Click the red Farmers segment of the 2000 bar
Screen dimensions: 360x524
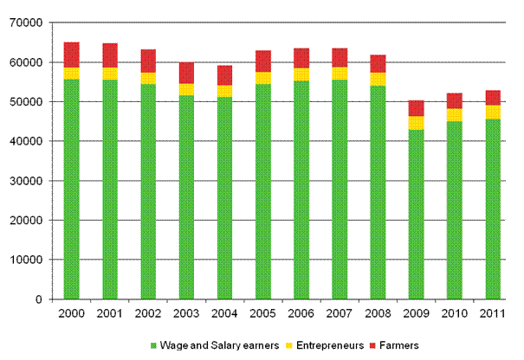pos(71,55)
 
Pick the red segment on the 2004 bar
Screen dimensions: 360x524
pos(224,75)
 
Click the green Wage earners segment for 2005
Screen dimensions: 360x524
pos(262,190)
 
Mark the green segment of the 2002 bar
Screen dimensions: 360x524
pos(148,190)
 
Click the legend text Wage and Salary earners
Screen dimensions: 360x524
pos(228,345)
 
